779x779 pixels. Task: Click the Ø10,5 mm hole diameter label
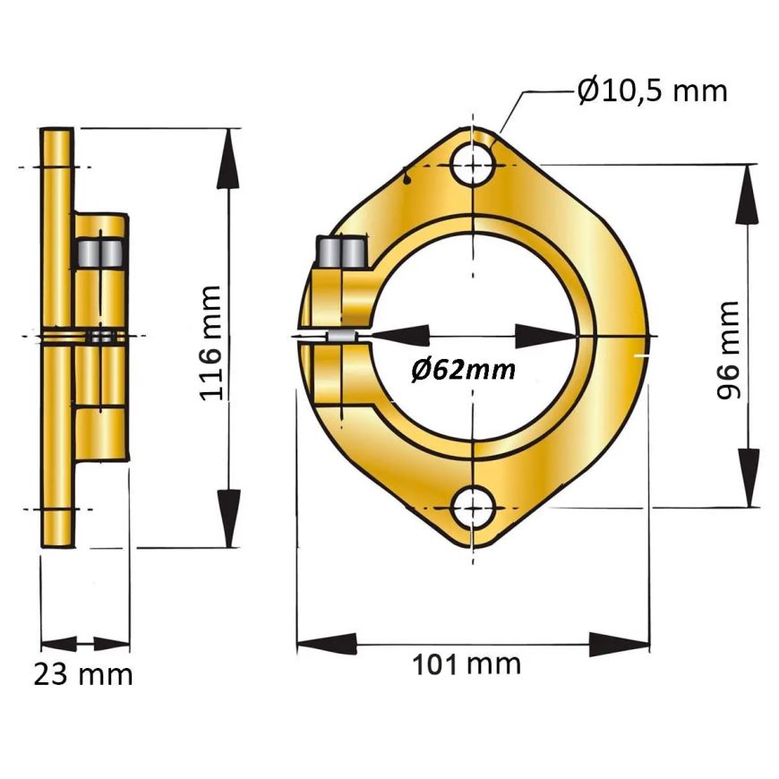tap(653, 91)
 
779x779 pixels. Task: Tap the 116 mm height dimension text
tap(210, 343)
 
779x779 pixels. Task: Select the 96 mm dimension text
tap(728, 350)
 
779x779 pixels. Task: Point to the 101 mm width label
tap(467, 664)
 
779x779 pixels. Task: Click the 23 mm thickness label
tap(83, 674)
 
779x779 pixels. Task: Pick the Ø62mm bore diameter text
tap(463, 370)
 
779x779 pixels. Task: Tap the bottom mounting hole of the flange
tap(474, 509)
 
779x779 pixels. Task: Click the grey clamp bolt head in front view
tap(343, 252)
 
